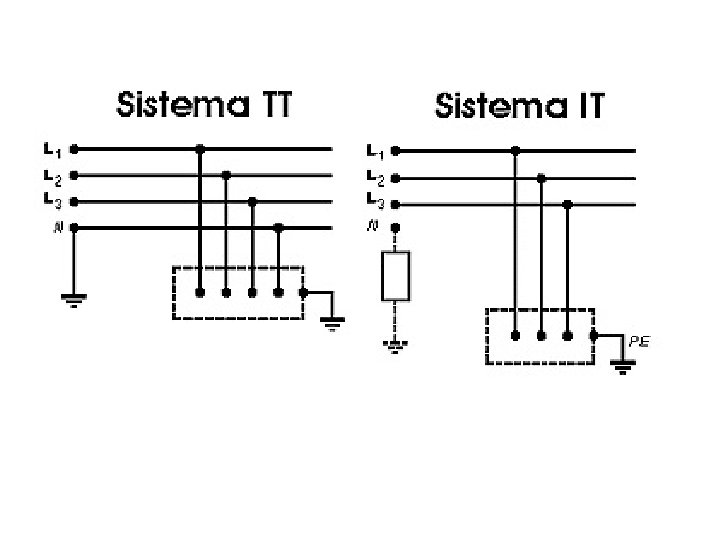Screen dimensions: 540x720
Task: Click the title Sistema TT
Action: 204,105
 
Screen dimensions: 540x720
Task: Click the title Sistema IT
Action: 520,105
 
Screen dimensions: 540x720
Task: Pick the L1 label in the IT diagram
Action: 374,152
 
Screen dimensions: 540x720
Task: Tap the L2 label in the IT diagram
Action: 374,178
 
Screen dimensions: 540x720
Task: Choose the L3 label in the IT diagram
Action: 374,204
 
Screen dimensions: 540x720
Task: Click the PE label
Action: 640,342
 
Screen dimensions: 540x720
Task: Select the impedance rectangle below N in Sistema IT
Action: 396,276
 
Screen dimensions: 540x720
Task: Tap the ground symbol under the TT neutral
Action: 74,299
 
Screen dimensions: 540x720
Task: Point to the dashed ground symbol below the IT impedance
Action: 396,346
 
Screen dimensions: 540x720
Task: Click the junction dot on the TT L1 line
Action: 200,149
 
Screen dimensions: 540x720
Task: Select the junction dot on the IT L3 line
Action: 567,204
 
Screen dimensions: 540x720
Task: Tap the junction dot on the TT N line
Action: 278,228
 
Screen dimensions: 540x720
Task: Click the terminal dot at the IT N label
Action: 396,228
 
